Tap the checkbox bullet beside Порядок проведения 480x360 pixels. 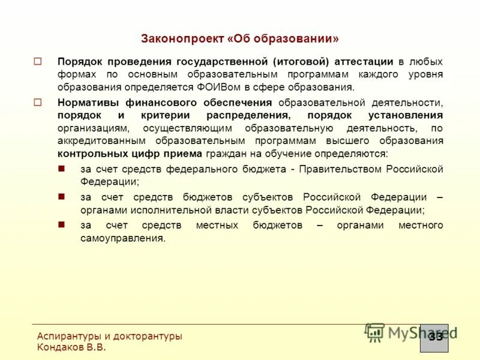tap(38, 61)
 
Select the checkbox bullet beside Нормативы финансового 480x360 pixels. tap(38, 103)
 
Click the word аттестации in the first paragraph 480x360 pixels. tap(360, 62)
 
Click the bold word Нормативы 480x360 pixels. tap(86, 103)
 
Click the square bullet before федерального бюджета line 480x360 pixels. tap(61, 169)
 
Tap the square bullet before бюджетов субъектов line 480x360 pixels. tap(61, 196)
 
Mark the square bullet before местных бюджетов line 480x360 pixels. tap(61, 224)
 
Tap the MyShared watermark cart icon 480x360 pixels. tap(375, 332)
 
